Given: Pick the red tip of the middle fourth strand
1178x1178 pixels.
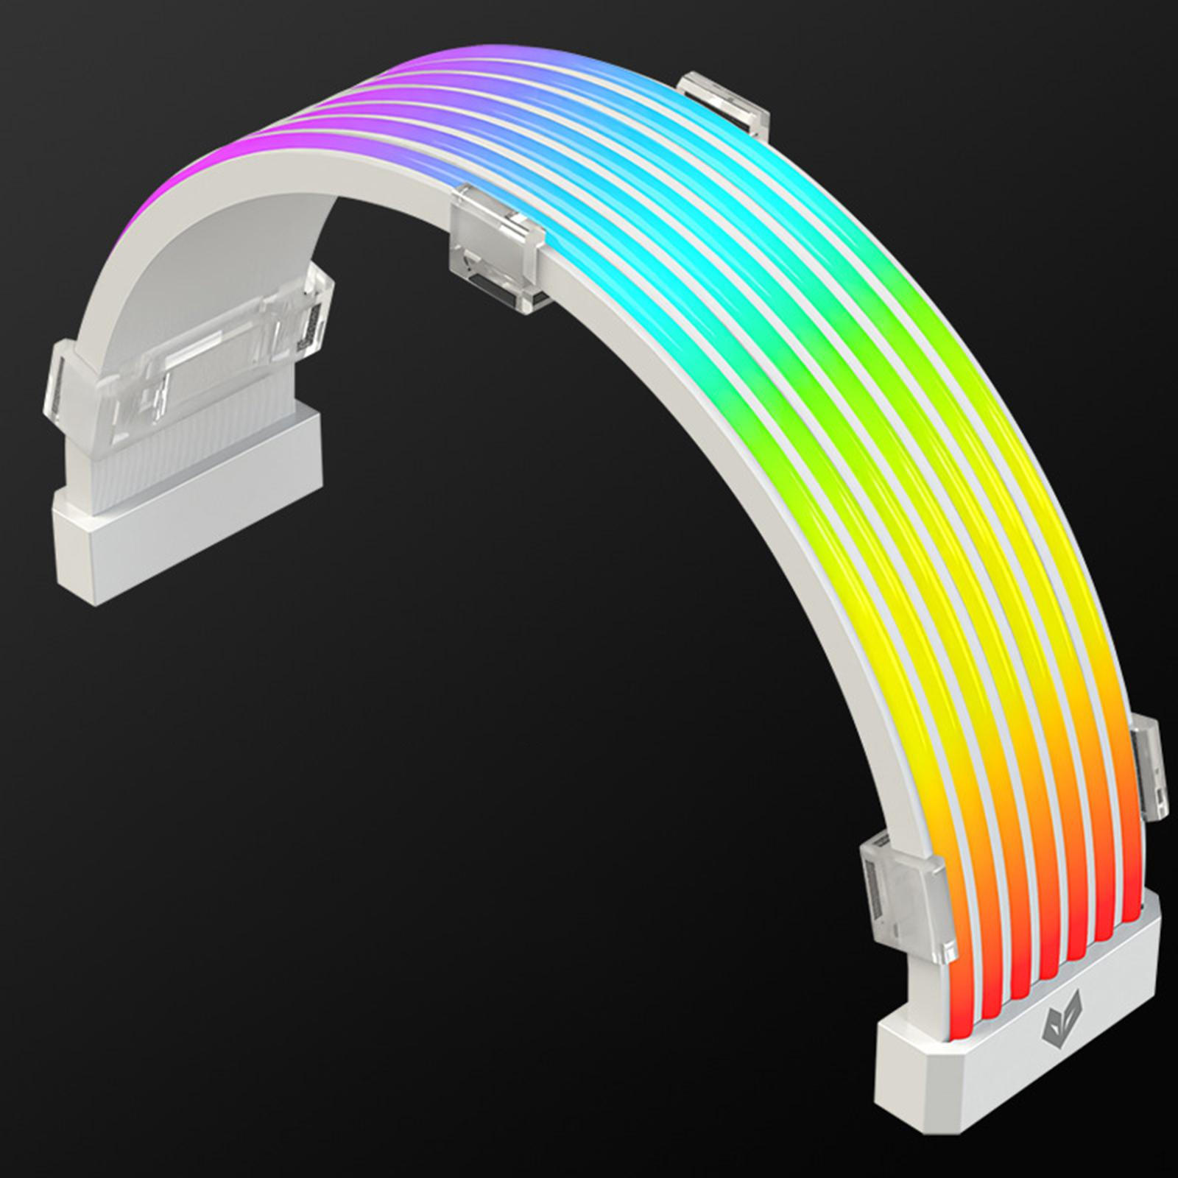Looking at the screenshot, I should [x=1045, y=957].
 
